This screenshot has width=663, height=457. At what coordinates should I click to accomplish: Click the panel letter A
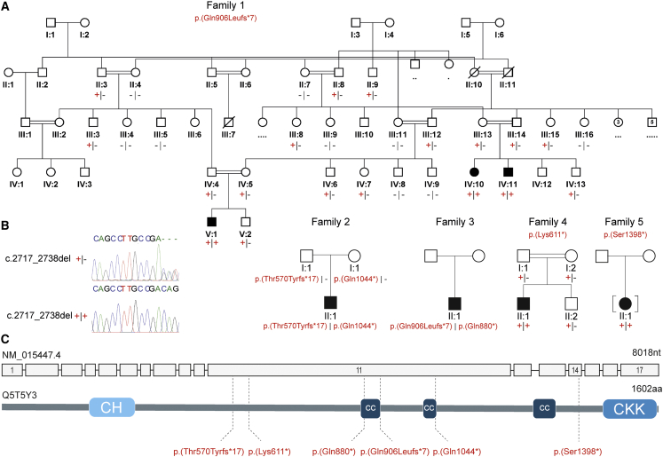(x=6, y=7)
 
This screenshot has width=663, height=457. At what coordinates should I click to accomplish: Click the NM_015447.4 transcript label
(x=30, y=354)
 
